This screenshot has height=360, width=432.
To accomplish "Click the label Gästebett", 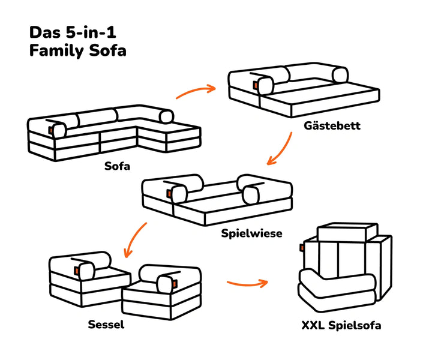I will click(332, 127).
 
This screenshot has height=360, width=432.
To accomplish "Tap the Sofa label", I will click(118, 165).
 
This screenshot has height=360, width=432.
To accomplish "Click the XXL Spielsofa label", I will click(341, 326).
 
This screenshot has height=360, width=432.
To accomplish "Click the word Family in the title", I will click(53, 50).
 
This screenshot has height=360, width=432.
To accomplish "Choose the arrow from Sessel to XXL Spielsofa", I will click(247, 281).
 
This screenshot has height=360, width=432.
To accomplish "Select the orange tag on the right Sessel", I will click(175, 282).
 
